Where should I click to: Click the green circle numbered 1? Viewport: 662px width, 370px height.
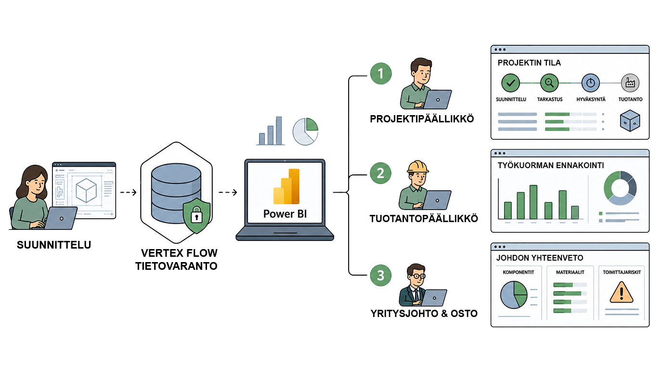381,74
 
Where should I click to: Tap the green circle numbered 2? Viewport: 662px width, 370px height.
380,173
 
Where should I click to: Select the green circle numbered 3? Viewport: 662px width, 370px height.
381,276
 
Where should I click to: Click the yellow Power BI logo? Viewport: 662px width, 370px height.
286,186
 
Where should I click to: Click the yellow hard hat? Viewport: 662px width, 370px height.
417,167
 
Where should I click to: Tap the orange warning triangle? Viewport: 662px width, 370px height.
622,292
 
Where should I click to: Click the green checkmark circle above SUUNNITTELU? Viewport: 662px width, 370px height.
510,83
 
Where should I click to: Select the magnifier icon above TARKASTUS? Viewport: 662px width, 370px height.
549,83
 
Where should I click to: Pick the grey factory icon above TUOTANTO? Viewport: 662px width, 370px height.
630,83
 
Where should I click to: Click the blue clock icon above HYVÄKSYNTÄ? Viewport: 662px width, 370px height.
590,83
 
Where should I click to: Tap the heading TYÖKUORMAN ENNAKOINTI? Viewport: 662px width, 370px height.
551,165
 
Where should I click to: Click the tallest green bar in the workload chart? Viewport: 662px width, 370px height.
533,202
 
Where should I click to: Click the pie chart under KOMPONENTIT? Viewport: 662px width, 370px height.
514,295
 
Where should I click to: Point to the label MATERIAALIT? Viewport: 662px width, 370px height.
570,272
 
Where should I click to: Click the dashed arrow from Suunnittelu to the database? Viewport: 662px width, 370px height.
128,193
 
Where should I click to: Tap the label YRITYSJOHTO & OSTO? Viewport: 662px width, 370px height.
424,314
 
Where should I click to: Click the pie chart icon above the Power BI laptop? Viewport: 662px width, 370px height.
306,132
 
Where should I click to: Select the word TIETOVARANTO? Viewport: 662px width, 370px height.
176,266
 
